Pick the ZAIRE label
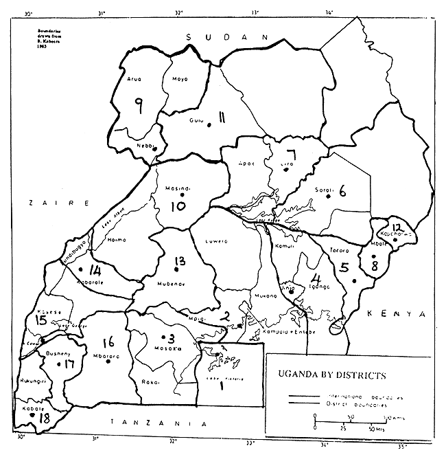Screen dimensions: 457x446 60,204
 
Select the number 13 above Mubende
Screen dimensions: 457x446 180,261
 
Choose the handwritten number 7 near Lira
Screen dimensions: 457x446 291,155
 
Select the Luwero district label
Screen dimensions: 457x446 217,241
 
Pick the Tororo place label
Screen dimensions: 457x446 340,250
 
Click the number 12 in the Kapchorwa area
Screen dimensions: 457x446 396,227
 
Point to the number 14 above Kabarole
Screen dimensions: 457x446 95,271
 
